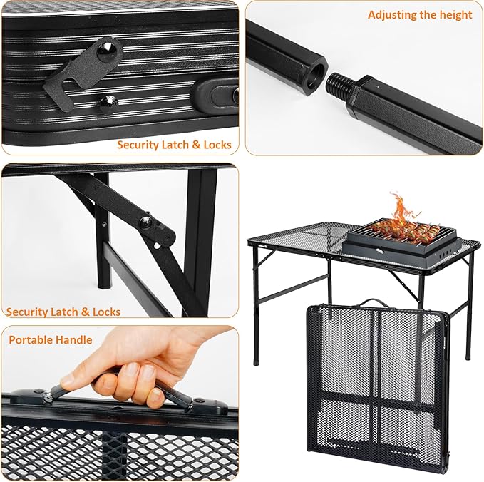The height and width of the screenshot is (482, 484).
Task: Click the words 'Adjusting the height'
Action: (420, 15)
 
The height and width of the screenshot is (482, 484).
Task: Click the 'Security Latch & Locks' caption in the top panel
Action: (174, 145)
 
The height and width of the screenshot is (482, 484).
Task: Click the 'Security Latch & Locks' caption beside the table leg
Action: (63, 312)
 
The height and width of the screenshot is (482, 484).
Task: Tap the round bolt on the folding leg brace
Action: (145, 222)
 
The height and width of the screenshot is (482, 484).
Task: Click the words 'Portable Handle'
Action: (51, 339)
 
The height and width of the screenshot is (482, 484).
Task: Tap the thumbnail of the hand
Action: (68, 379)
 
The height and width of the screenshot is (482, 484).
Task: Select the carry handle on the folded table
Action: (374, 302)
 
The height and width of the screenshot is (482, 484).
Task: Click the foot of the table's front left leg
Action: (256, 362)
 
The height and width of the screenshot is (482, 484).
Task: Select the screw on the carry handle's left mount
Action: (39, 391)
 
